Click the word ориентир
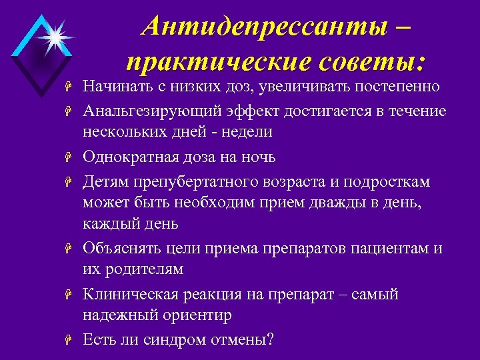[203, 315]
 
